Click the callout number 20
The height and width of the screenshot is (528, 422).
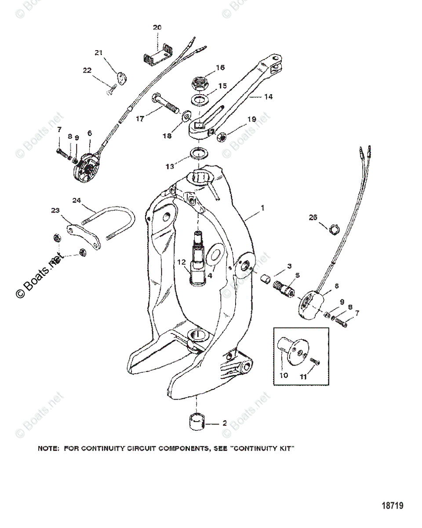click(x=157, y=27)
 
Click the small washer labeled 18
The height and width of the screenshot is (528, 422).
click(x=186, y=117)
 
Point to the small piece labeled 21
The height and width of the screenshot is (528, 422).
click(x=121, y=79)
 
